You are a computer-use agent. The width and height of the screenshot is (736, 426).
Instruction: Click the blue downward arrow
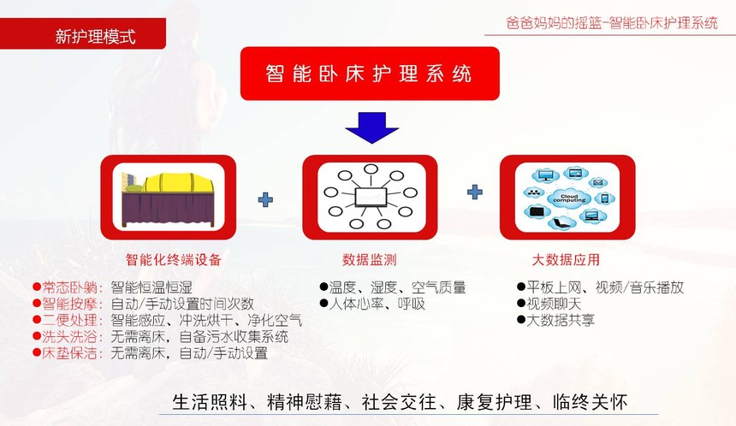tap(371, 127)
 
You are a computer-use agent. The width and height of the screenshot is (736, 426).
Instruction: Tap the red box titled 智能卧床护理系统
tap(370, 74)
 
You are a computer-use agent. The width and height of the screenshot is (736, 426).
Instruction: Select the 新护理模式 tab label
tap(95, 36)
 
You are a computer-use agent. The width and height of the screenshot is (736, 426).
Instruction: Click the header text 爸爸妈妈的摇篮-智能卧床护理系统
tap(612, 23)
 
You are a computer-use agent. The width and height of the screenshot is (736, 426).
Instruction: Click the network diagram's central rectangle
tap(371, 197)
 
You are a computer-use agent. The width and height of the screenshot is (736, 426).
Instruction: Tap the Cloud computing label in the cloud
tap(569, 198)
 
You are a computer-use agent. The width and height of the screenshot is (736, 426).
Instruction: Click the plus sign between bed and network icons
tap(265, 199)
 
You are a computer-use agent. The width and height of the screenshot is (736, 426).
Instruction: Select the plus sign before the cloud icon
tap(475, 192)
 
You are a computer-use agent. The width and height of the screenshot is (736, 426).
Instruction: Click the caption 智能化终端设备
tap(173, 259)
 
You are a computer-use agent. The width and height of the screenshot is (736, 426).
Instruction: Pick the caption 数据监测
tap(370, 259)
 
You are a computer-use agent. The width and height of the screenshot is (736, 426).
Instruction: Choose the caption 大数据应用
tap(566, 259)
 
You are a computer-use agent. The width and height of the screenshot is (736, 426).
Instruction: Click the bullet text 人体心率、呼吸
tap(377, 304)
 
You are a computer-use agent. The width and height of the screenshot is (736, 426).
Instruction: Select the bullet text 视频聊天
tap(554, 304)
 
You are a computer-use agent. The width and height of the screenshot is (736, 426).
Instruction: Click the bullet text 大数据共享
tap(561, 320)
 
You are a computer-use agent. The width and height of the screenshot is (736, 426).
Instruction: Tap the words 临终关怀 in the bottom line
tap(590, 402)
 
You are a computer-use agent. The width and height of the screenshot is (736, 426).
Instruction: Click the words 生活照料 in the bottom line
tap(210, 402)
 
